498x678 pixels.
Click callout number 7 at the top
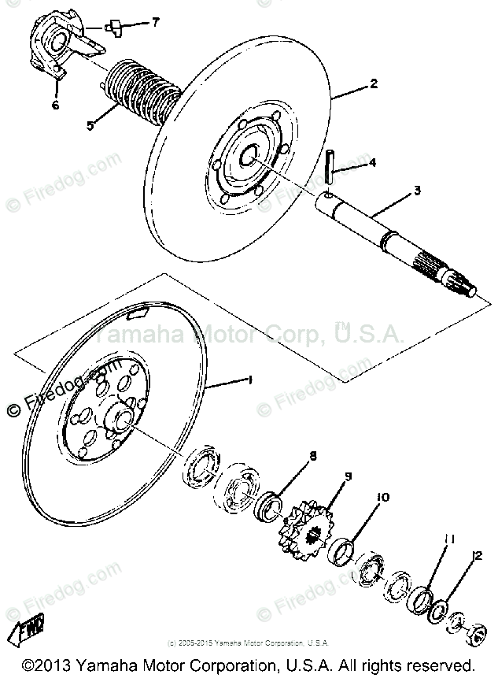point(155,22)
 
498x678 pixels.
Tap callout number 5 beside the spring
point(90,124)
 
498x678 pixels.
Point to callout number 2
point(374,83)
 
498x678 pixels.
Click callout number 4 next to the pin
point(372,163)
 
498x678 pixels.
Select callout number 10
point(383,497)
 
